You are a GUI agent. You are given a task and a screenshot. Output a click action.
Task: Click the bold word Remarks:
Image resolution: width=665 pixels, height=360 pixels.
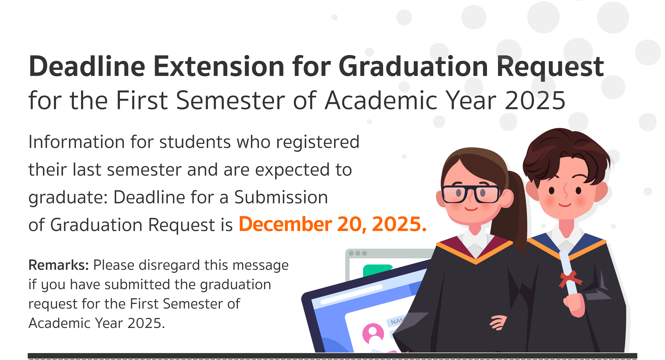(59, 265)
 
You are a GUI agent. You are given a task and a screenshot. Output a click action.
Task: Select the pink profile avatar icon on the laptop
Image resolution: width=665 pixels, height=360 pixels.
(373, 334)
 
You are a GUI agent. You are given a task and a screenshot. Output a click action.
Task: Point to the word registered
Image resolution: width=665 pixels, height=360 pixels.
(318, 142)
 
